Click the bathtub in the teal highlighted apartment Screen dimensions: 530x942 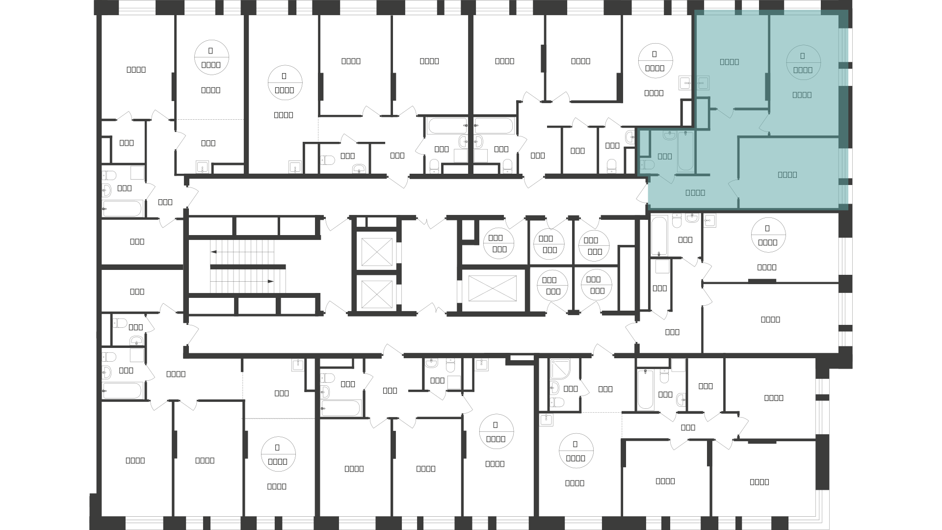(685, 152)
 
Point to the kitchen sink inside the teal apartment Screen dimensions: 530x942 (703, 83)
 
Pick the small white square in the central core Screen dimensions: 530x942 (468, 230)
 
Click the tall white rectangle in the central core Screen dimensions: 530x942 (627, 279)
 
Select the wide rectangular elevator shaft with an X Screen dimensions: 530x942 (493, 289)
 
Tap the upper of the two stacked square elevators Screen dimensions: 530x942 (376, 252)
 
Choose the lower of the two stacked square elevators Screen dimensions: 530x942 (376, 294)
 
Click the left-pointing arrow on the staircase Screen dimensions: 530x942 (214, 252)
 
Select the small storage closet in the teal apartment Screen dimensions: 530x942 (703, 113)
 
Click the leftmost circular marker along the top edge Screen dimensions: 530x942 (211, 58)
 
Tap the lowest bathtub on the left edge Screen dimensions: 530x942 (122, 391)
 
